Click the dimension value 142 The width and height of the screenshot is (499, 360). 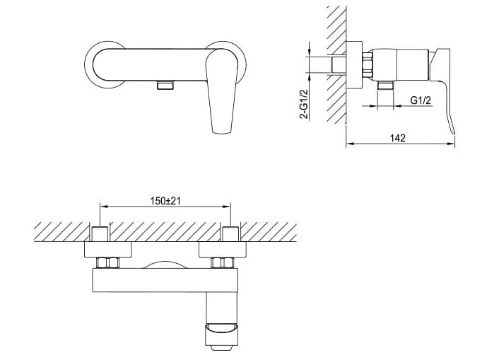click(397, 139)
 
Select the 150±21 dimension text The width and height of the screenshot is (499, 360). click(166, 201)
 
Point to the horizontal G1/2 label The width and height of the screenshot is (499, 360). click(422, 100)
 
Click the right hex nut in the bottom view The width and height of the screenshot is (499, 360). click(228, 263)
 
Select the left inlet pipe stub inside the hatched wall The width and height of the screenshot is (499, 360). click(100, 234)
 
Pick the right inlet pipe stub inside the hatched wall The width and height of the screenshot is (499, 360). click(230, 234)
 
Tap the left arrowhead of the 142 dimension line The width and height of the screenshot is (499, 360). click(349, 146)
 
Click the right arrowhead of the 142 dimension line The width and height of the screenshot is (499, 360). click(452, 146)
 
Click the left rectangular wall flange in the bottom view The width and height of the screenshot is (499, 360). click(108, 250)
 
